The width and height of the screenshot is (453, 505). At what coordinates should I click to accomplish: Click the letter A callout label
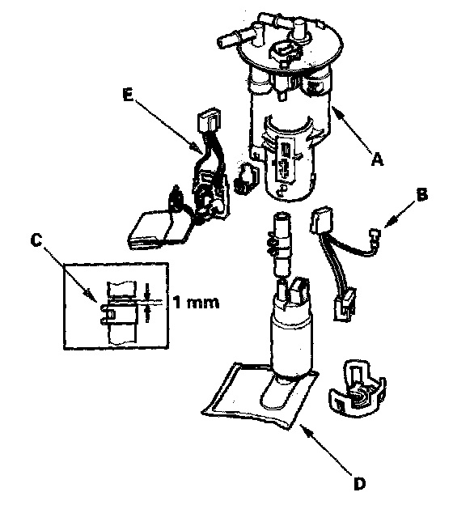[377, 159]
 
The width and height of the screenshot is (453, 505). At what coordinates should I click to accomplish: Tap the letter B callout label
[421, 194]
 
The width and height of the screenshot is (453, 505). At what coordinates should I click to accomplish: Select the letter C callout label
[36, 240]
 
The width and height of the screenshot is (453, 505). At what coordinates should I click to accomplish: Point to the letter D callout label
[359, 483]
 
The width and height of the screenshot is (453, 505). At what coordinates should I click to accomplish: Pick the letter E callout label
[128, 95]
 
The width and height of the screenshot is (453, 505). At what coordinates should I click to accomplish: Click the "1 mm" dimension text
[196, 303]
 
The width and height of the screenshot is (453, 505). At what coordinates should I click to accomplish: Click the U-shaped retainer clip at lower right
[357, 390]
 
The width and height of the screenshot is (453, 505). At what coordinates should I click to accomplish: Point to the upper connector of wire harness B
[321, 221]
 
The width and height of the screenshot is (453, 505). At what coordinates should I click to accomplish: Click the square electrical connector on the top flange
[284, 52]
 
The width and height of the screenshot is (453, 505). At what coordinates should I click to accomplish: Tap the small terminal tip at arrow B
[375, 234]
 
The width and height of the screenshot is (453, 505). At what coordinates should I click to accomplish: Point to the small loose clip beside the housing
[246, 178]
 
